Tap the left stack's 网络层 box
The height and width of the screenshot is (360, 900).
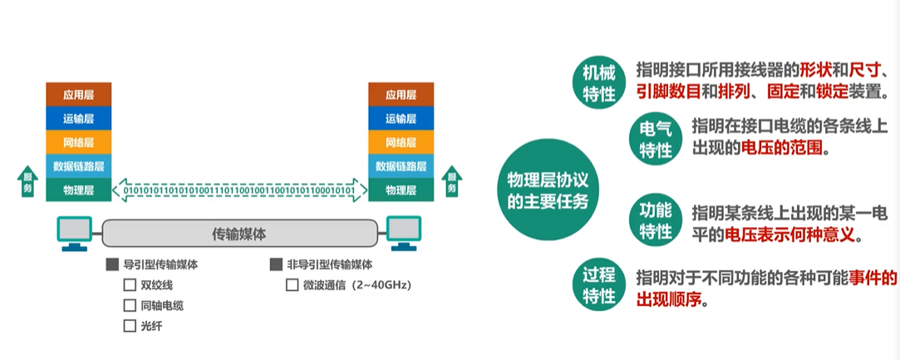tap(77, 142)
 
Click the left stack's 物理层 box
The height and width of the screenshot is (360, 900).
tap(77, 190)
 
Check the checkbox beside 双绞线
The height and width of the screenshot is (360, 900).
tap(130, 285)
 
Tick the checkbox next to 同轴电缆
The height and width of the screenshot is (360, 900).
tap(130, 305)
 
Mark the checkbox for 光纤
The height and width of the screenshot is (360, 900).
tap(130, 326)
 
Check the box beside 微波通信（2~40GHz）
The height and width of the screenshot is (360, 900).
tap(292, 285)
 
